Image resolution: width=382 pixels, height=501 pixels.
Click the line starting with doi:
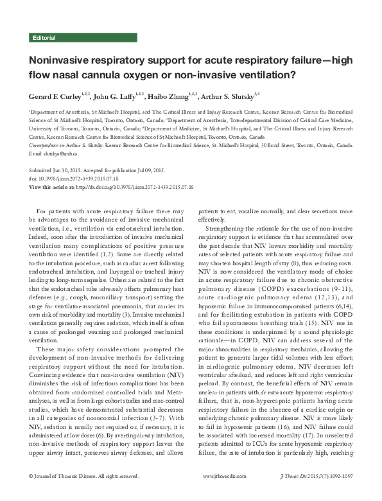coord(77,179)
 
